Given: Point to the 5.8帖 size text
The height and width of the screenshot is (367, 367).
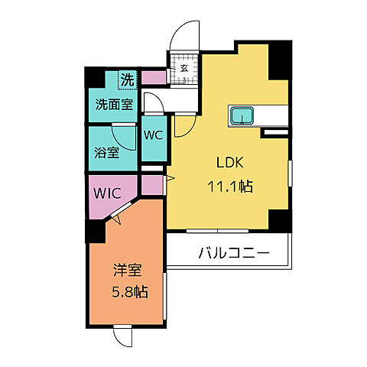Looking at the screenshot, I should (x=128, y=291).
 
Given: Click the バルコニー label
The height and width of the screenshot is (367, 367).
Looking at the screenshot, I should (x=233, y=252).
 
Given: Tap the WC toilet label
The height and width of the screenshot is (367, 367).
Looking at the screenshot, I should (x=154, y=135).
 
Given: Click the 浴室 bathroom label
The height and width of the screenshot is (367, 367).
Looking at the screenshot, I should (x=106, y=151).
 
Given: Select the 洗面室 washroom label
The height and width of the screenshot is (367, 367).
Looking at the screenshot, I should (x=112, y=105).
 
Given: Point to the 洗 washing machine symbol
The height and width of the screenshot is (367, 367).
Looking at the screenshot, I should (x=128, y=77).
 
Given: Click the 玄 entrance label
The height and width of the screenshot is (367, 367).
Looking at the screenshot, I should (x=184, y=67).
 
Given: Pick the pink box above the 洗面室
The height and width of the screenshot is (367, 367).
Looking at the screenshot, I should (x=153, y=77).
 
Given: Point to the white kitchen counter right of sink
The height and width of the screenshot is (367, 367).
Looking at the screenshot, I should (x=274, y=115).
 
